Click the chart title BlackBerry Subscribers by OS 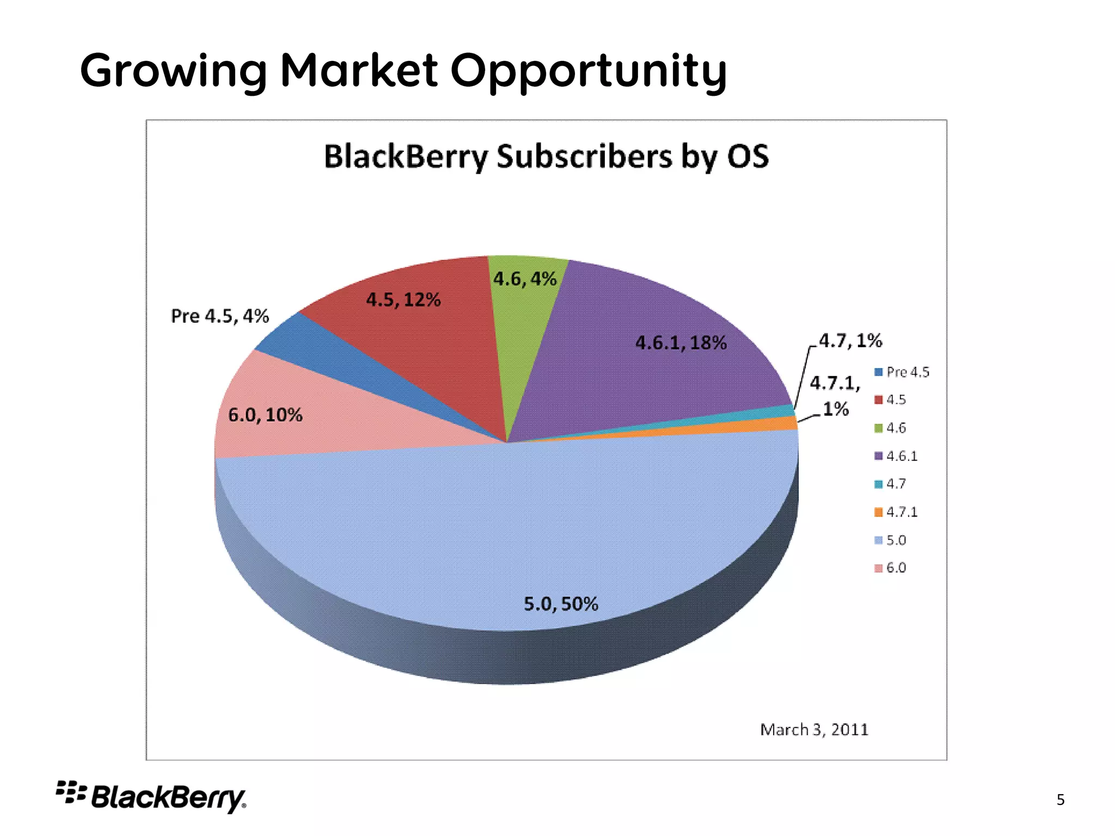point(546,157)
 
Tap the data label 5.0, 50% point(561,604)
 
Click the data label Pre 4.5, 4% point(220,316)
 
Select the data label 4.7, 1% point(850,341)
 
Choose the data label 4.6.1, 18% point(681,343)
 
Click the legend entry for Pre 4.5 point(902,372)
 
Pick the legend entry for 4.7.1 point(896,512)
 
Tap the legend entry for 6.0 point(891,568)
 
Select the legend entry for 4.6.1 point(896,456)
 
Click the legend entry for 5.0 point(891,540)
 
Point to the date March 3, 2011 point(814,730)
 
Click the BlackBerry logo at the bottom point(151,797)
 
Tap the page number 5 point(1060,800)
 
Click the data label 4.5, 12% point(403,300)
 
